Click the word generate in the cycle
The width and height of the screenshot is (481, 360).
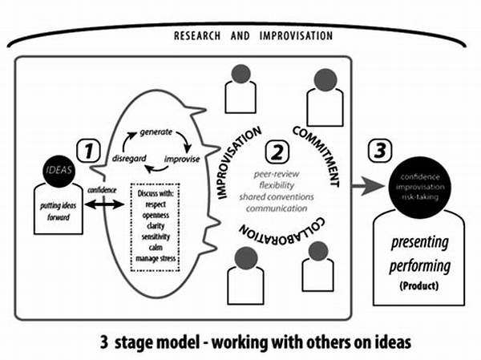click(157, 130)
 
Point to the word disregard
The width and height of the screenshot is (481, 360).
click(128, 157)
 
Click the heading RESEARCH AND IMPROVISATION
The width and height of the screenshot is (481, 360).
click(253, 36)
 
